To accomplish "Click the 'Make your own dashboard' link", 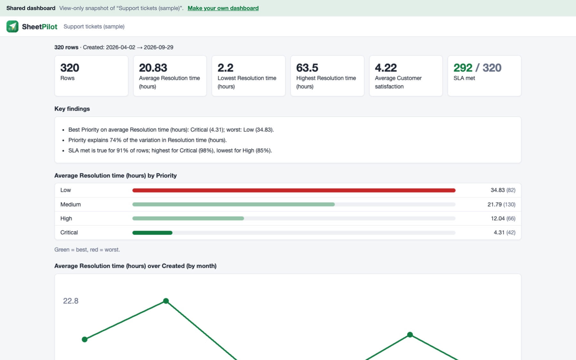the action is pyautogui.click(x=223, y=8).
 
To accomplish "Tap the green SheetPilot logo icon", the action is pyautogui.click(x=12, y=26).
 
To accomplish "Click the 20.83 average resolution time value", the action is pyautogui.click(x=153, y=68).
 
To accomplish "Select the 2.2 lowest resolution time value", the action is pyautogui.click(x=226, y=68).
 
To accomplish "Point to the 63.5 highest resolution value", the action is pyautogui.click(x=307, y=68).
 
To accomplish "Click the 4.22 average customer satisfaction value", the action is pyautogui.click(x=386, y=68).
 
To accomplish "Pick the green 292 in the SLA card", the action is pyautogui.click(x=463, y=68).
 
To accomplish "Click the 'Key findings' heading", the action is pyautogui.click(x=72, y=109).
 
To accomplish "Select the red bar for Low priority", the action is pyautogui.click(x=294, y=190).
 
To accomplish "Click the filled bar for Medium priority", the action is pyautogui.click(x=234, y=204).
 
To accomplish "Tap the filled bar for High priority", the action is pyautogui.click(x=188, y=218).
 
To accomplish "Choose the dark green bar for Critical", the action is pyautogui.click(x=152, y=233).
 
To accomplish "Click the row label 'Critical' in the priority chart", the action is pyautogui.click(x=69, y=232).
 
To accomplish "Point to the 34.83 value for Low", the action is pyautogui.click(x=498, y=190).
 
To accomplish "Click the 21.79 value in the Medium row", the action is pyautogui.click(x=494, y=204).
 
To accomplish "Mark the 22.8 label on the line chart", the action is pyautogui.click(x=71, y=301).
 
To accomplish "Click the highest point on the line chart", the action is pyautogui.click(x=166, y=301).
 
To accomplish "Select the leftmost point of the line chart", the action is pyautogui.click(x=84, y=339).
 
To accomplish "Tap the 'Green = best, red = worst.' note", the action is pyautogui.click(x=87, y=250).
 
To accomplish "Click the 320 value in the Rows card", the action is pyautogui.click(x=70, y=68).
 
